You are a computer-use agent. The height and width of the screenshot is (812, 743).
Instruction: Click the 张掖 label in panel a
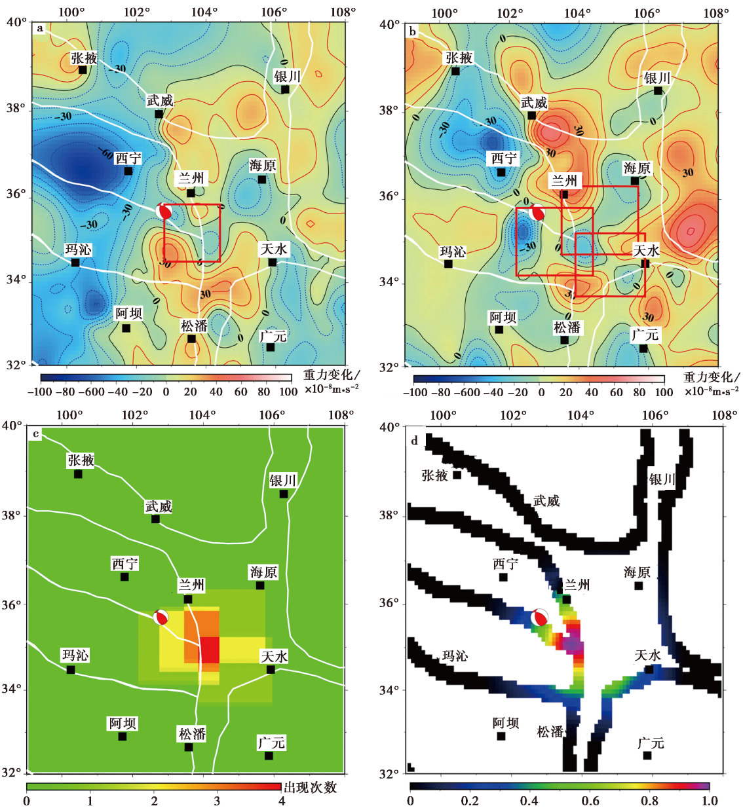click(84, 58)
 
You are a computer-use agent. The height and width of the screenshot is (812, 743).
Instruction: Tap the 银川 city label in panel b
click(657, 79)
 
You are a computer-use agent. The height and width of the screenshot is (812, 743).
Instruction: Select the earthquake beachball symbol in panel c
click(161, 617)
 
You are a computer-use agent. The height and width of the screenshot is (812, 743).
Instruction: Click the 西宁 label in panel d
click(505, 564)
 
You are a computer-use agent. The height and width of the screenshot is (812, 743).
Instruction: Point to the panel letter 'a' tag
click(40, 28)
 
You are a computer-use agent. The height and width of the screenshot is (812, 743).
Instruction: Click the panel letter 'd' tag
click(414, 441)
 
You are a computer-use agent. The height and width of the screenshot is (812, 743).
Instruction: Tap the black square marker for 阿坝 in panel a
click(126, 328)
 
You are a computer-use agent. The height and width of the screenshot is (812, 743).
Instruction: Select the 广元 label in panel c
click(271, 743)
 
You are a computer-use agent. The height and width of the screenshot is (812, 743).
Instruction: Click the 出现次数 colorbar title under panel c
click(310, 787)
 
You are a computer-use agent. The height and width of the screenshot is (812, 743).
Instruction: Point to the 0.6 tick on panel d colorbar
click(590, 801)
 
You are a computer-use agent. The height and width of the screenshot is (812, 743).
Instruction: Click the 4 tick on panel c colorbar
click(281, 801)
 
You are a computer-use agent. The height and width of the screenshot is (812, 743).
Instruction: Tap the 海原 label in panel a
click(263, 166)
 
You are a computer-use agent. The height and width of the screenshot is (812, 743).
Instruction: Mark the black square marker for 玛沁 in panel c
click(71, 669)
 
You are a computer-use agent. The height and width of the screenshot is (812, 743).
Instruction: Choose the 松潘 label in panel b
click(567, 327)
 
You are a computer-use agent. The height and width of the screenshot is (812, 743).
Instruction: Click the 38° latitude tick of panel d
click(389, 515)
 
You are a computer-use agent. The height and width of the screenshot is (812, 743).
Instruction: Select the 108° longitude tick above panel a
click(343, 12)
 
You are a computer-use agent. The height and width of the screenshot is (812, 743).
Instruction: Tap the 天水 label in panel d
click(647, 655)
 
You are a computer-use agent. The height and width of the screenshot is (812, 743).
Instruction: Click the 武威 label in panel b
click(534, 103)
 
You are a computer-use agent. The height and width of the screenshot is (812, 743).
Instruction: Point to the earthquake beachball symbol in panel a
click(164, 211)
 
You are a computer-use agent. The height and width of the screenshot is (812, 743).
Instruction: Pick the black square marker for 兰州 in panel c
click(188, 599)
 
